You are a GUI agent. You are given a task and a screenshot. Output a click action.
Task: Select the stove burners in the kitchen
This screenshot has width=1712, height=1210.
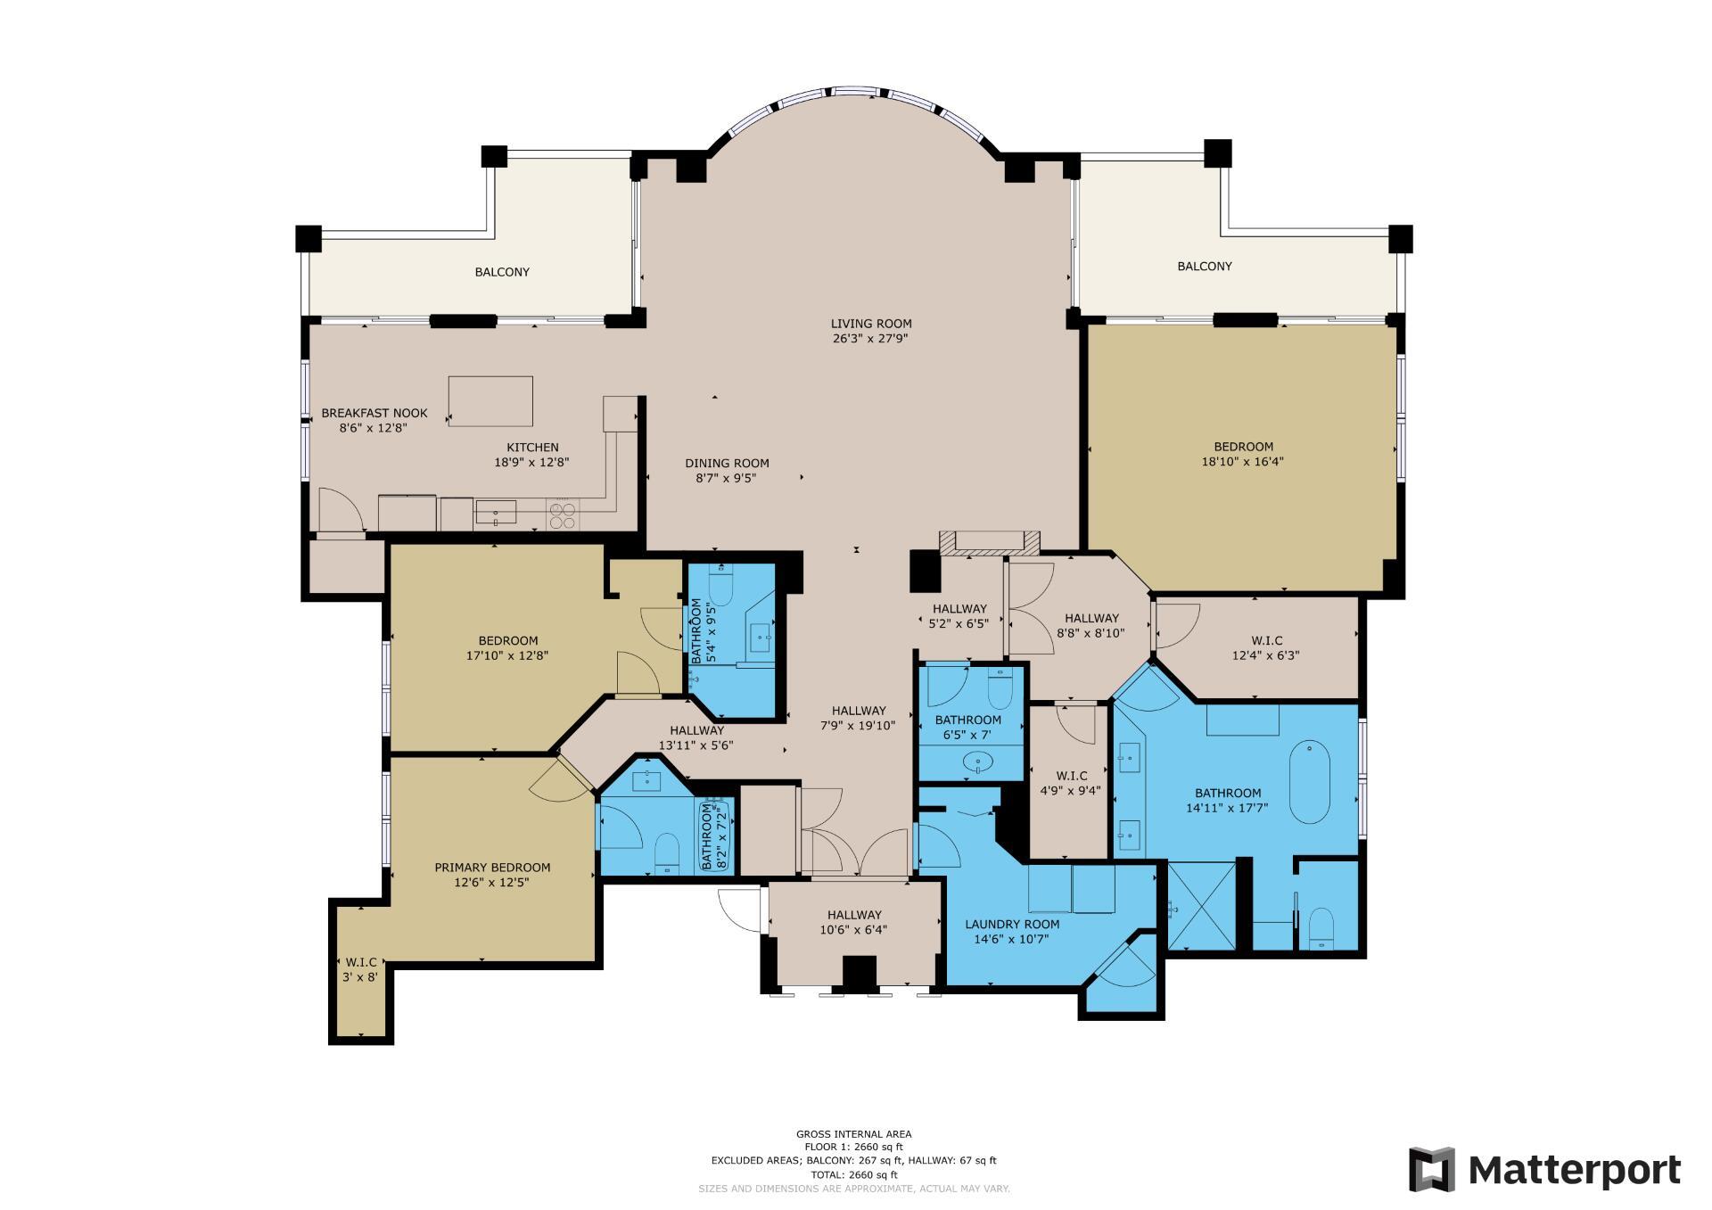(562, 515)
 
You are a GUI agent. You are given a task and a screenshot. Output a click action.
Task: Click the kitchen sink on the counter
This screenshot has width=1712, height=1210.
(496, 513)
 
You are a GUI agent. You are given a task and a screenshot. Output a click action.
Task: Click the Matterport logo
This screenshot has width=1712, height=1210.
(1544, 1169)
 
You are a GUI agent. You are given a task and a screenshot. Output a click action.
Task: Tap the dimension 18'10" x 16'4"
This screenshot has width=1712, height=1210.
(1242, 462)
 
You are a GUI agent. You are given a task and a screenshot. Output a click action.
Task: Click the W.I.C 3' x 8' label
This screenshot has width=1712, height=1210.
(360, 969)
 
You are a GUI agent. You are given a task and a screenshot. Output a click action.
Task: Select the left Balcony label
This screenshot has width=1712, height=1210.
(502, 272)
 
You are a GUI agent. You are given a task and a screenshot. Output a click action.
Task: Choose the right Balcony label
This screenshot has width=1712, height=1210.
(1204, 266)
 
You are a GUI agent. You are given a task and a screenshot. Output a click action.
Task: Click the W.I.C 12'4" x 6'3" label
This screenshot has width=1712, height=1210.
(1266, 647)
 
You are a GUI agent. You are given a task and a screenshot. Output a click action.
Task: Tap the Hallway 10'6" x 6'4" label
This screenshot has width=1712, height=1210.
(853, 921)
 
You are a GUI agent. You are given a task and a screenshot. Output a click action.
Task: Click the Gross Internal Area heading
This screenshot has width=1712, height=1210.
(853, 1134)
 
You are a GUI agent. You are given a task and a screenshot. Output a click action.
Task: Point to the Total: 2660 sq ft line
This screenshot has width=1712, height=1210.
(853, 1175)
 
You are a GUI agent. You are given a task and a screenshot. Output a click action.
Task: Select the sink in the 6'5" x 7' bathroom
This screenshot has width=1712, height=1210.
(979, 763)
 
